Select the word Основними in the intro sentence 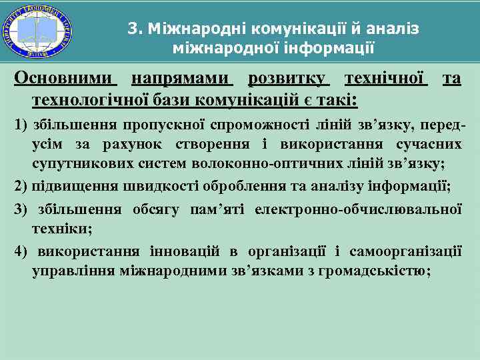[x=65, y=79]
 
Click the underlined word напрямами [x=181, y=79]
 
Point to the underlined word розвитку [x=288, y=79]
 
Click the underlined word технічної [x=385, y=79]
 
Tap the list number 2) [x=21, y=185]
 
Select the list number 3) [x=21, y=209]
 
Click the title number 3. [x=133, y=29]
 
